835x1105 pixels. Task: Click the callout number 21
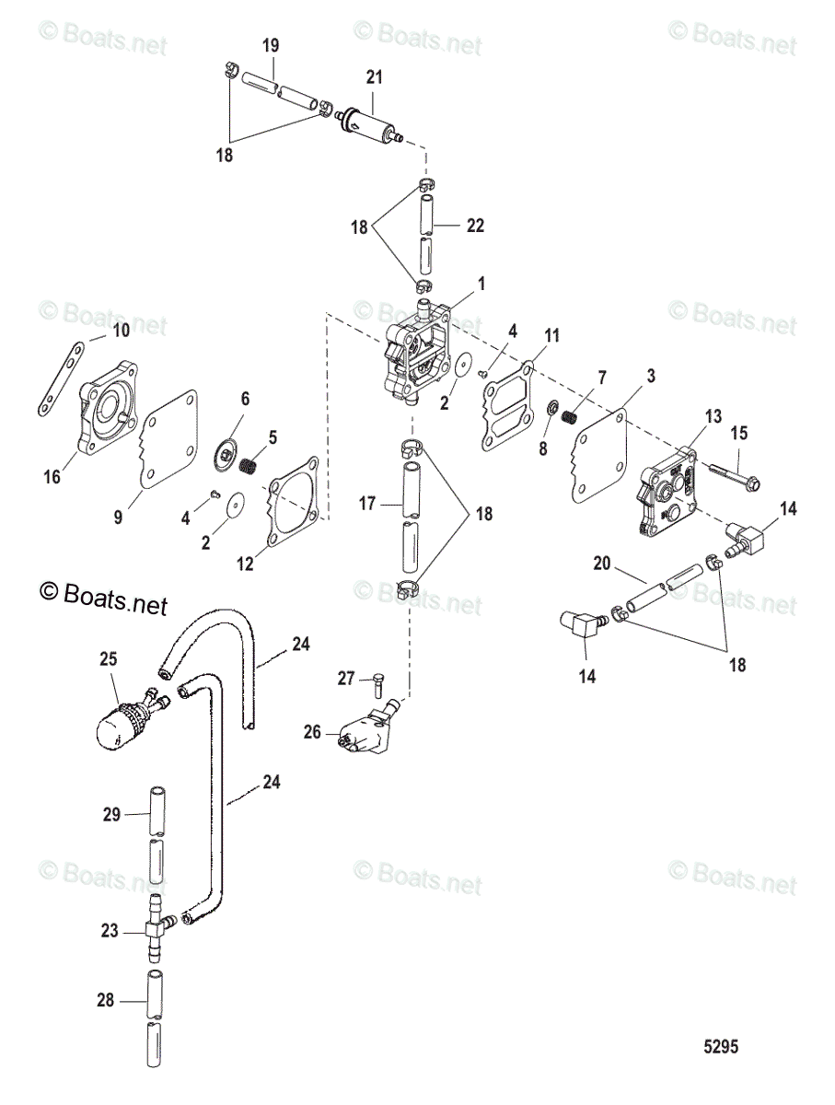pos(374,78)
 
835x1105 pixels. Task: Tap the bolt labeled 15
pos(733,474)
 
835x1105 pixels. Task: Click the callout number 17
pos(367,504)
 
